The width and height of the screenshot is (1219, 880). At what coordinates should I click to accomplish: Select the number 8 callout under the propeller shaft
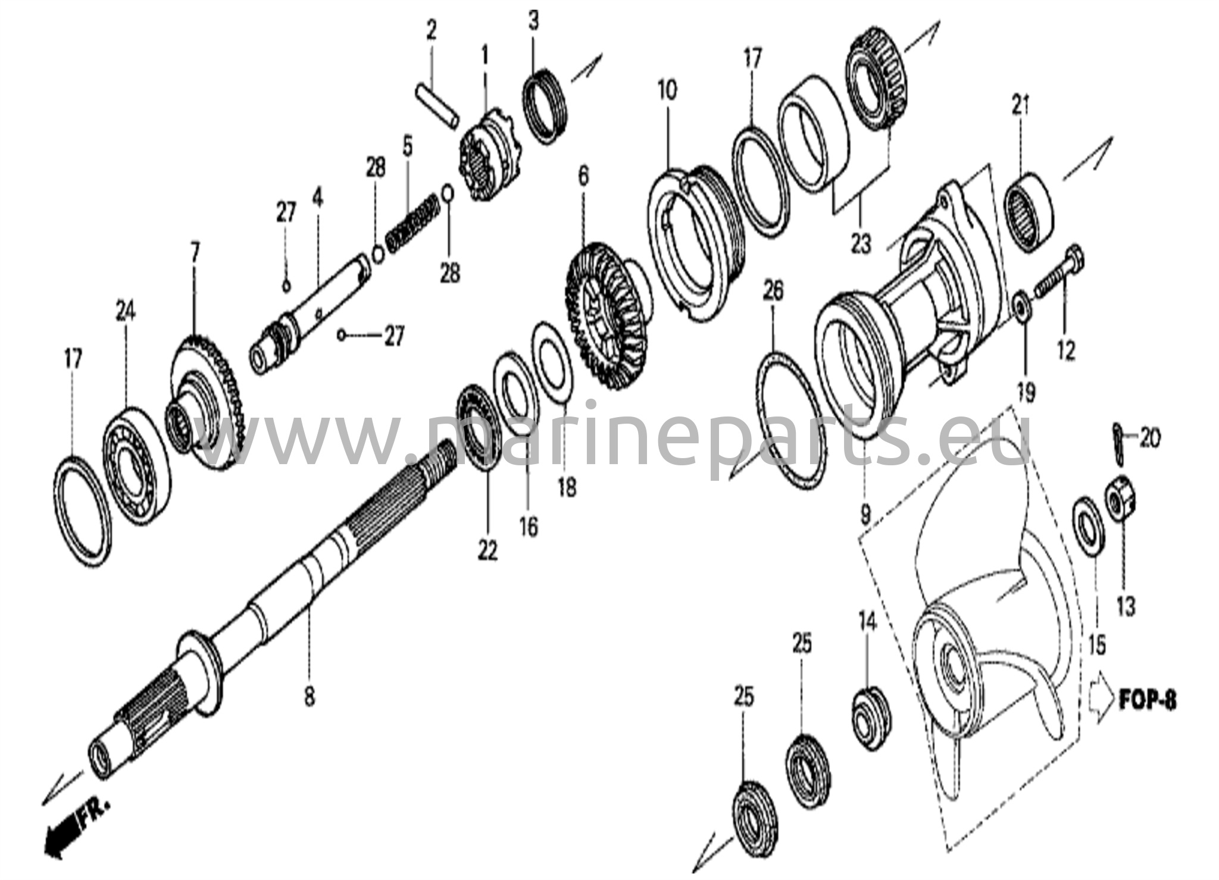[x=309, y=696]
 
